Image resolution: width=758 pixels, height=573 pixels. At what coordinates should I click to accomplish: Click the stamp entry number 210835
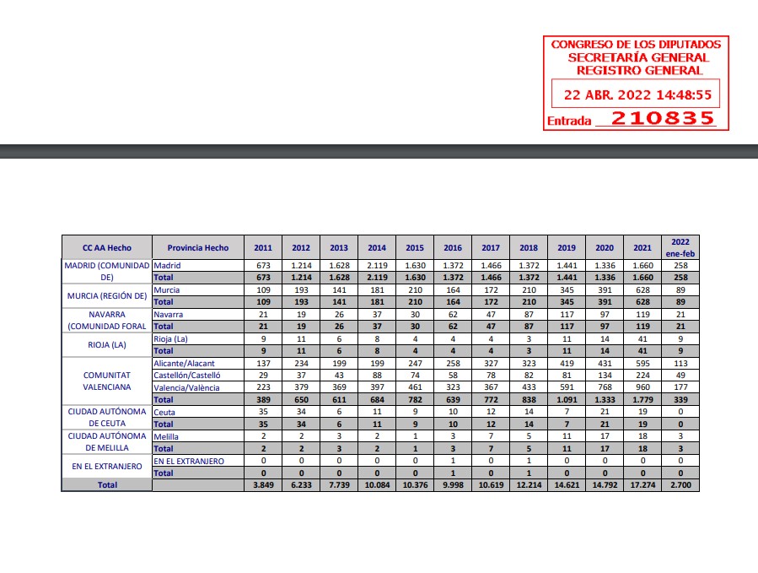coord(662,118)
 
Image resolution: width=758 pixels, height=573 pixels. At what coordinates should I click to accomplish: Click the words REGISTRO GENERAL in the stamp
coord(635,70)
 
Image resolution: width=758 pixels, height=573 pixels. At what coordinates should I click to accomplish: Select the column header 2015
coord(414,248)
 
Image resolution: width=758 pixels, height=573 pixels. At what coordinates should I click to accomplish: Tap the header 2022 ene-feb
coord(680,247)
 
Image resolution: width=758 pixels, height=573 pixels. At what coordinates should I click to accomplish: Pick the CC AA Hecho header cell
coord(106,248)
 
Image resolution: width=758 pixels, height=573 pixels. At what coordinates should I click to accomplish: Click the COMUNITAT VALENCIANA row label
coord(106,381)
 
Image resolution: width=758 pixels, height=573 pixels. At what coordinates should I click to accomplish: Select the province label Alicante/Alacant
coord(184,363)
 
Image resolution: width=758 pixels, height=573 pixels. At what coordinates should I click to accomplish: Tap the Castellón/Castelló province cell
coord(186,375)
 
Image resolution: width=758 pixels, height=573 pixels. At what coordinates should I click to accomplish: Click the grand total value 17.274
coord(642,485)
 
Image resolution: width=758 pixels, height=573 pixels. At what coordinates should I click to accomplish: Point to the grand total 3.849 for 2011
coord(263,485)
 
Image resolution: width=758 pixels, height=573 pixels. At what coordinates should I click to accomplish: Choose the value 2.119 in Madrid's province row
coord(377,265)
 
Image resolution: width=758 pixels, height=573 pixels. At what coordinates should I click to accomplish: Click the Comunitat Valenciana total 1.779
coord(642,399)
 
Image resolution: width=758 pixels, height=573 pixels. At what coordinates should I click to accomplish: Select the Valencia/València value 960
coord(642,387)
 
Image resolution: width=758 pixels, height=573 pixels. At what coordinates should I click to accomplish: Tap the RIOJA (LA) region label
coord(106,344)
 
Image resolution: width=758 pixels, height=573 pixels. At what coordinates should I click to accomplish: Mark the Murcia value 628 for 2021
coord(642,289)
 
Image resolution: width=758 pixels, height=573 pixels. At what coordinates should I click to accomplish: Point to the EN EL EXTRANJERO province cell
coord(189,461)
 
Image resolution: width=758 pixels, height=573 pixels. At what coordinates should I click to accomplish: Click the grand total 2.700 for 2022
coord(680,485)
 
